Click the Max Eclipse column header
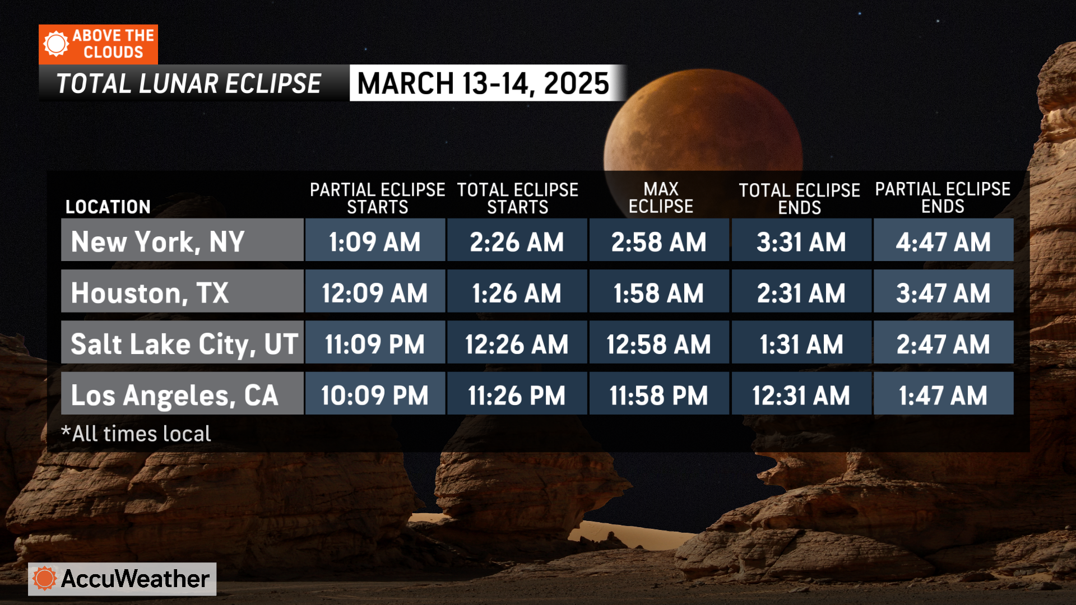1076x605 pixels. (661, 198)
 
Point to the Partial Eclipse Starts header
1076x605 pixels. (377, 198)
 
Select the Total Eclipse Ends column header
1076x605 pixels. (799, 199)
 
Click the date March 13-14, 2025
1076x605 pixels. (483, 83)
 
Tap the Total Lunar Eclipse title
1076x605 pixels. (189, 84)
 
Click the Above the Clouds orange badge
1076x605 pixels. (98, 44)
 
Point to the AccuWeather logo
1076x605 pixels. (122, 579)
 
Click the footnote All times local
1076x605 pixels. (136, 434)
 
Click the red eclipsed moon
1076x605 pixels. (703, 120)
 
